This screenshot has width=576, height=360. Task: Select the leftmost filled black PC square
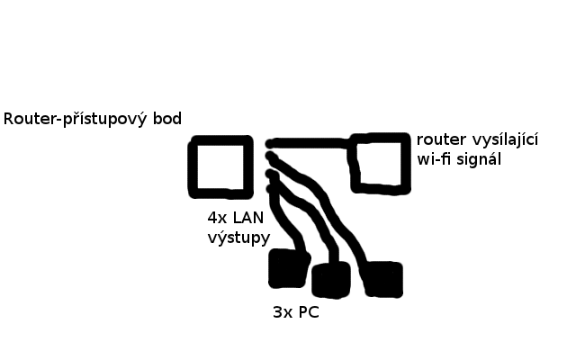click(x=288, y=267)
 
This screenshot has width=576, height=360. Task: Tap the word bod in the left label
click(x=166, y=119)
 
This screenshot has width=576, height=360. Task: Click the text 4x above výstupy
click(x=217, y=218)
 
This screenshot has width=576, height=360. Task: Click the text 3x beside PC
click(x=282, y=314)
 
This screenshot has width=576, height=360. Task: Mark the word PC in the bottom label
click(x=309, y=314)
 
